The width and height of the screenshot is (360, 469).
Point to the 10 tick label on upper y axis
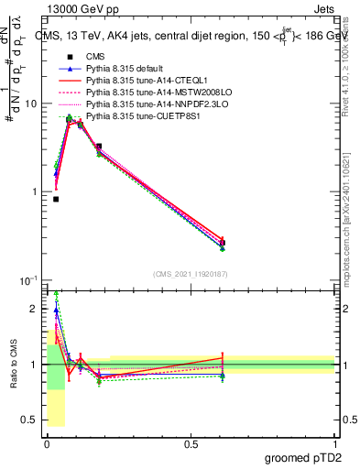pos(30,104)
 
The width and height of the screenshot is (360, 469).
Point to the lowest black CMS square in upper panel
pos(56,199)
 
